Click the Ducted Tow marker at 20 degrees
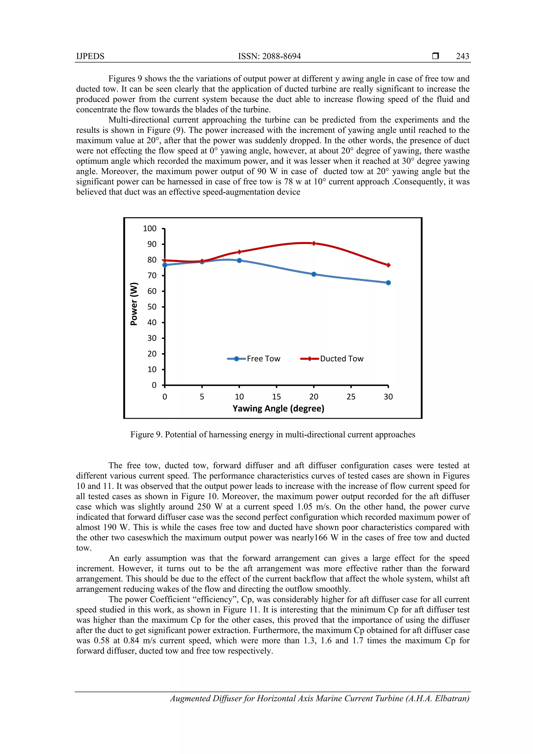[x=314, y=243]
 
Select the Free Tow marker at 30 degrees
[x=388, y=283]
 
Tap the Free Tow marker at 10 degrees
[x=239, y=261]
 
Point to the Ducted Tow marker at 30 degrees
[x=388, y=265]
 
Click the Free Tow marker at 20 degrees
[x=314, y=274]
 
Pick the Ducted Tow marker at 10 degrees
[x=239, y=252]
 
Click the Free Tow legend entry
[x=254, y=359]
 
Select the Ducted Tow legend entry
[x=332, y=359]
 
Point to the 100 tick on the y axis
[x=150, y=229]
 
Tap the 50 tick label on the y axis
[x=152, y=307]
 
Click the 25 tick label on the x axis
[x=351, y=397]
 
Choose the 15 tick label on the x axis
[x=276, y=397]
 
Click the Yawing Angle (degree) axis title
[x=278, y=409]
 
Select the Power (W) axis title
[x=134, y=304]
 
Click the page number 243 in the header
[x=462, y=56]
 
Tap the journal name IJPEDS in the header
[x=90, y=56]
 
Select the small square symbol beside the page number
[x=435, y=56]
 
